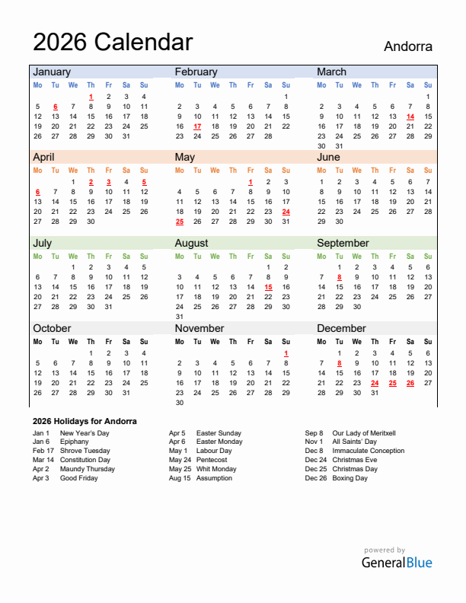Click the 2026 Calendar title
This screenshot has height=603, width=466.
[x=113, y=42]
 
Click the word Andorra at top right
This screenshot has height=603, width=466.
[x=407, y=46]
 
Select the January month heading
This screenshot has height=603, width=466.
[x=52, y=72]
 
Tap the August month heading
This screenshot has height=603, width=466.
[x=191, y=243]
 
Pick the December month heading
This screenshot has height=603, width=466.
[x=342, y=328]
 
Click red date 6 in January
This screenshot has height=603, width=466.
[x=56, y=107]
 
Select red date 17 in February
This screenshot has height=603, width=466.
[x=197, y=126]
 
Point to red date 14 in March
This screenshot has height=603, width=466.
[x=410, y=116]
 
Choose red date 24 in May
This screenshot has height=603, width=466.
[x=286, y=212]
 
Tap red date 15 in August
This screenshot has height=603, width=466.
[x=268, y=287]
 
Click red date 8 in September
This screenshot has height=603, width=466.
[x=339, y=277]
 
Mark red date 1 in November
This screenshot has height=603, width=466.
[x=286, y=353]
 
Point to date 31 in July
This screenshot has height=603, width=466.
[x=108, y=307]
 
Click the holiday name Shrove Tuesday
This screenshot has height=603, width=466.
[x=85, y=451]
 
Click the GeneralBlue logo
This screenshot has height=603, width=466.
[x=396, y=562]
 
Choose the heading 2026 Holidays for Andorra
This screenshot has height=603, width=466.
[x=85, y=421]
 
